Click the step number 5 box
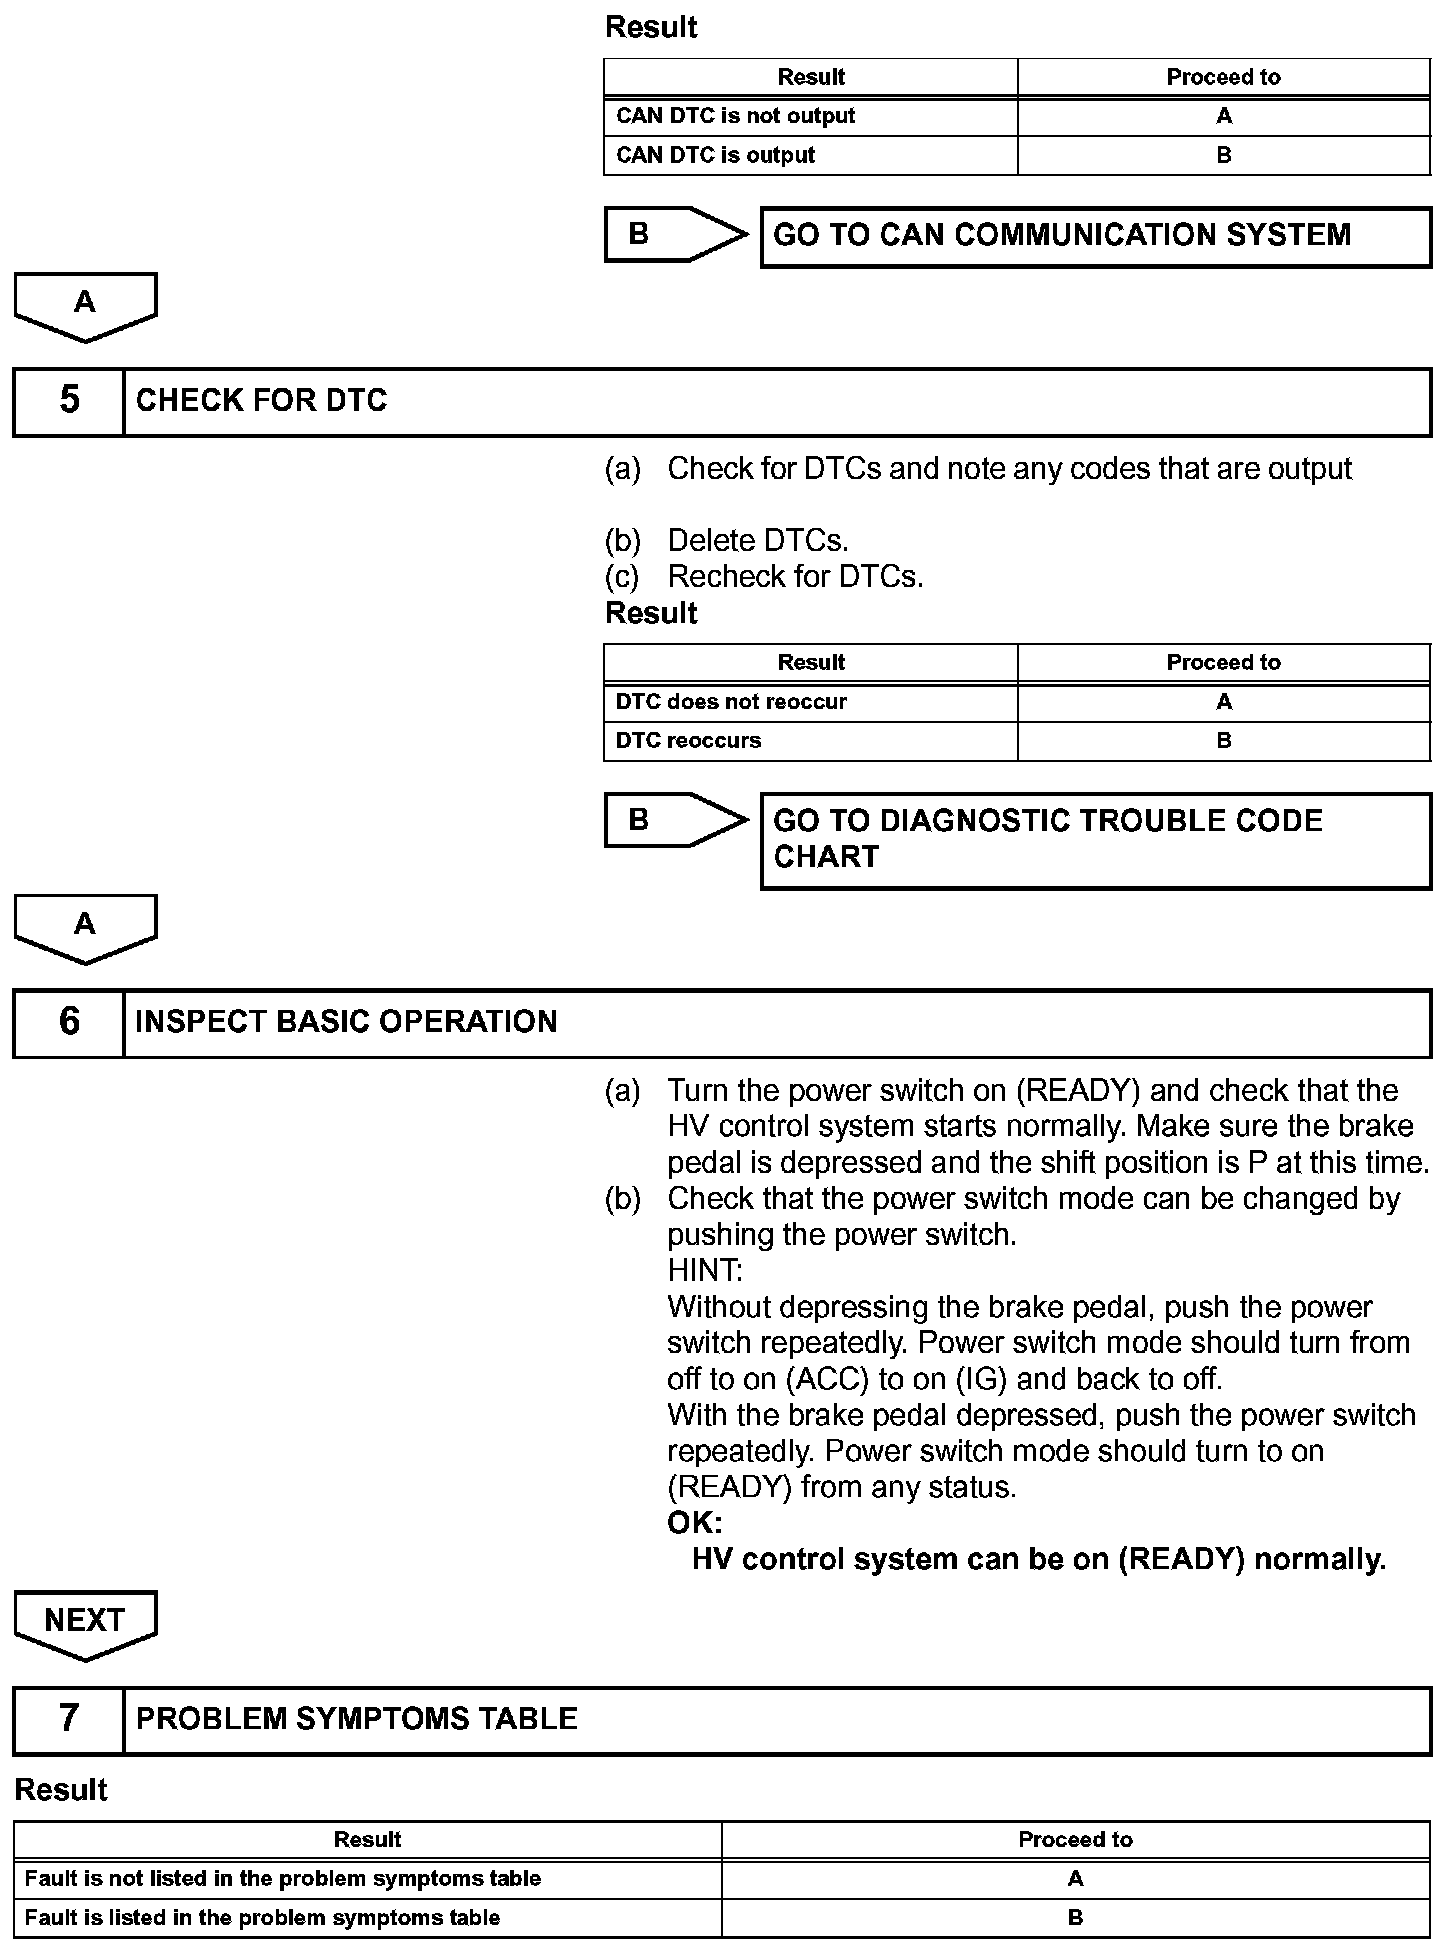pyautogui.click(x=68, y=401)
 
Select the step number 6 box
pyautogui.click(x=68, y=1022)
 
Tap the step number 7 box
pyautogui.click(x=68, y=1719)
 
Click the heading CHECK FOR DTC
pyautogui.click(x=261, y=401)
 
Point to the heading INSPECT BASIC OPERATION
pyautogui.click(x=346, y=1022)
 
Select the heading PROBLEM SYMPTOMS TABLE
pyautogui.click(x=357, y=1719)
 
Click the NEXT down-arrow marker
pyautogui.click(x=85, y=1622)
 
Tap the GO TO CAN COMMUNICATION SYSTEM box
pyautogui.click(x=1095, y=236)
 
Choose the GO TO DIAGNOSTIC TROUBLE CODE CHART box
pyautogui.click(x=1095, y=840)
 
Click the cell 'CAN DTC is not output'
pyautogui.click(x=736, y=116)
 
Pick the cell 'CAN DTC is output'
pyautogui.click(x=716, y=155)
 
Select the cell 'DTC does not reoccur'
pyautogui.click(x=731, y=702)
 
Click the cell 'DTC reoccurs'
pyautogui.click(x=689, y=741)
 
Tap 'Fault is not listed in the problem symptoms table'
pyautogui.click(x=283, y=1879)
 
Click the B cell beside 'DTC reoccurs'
pyautogui.click(x=1224, y=741)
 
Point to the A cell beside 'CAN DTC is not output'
pyautogui.click(x=1224, y=116)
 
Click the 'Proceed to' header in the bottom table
pyautogui.click(x=1075, y=1840)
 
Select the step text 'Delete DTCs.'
pyautogui.click(x=758, y=541)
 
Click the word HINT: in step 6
pyautogui.click(x=705, y=1271)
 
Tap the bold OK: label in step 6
pyautogui.click(x=695, y=1523)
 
